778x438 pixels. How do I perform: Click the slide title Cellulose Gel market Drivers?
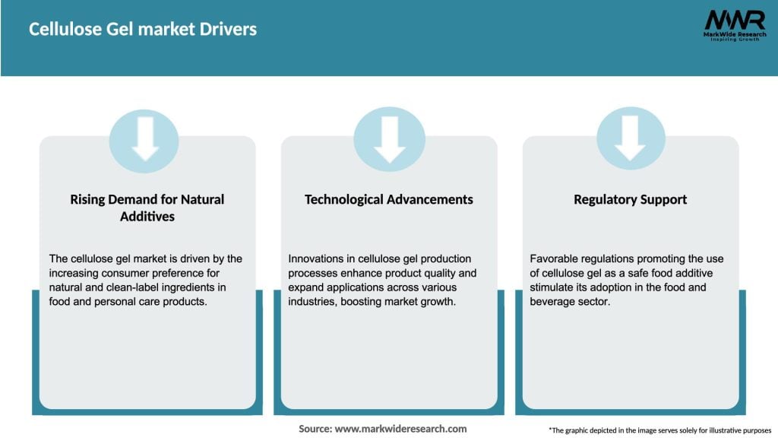(143, 29)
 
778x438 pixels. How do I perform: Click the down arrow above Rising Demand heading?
(144, 138)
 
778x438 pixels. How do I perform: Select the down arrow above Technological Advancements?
(389, 138)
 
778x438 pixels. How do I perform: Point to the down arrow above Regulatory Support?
(631, 138)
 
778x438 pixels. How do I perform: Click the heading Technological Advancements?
(389, 199)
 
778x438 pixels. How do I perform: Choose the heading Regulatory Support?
(631, 199)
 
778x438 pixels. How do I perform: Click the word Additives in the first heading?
(147, 216)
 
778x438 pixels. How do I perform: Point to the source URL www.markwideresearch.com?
(400, 429)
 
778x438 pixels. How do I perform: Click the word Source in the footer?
(315, 429)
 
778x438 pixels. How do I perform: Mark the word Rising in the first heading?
(88, 199)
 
